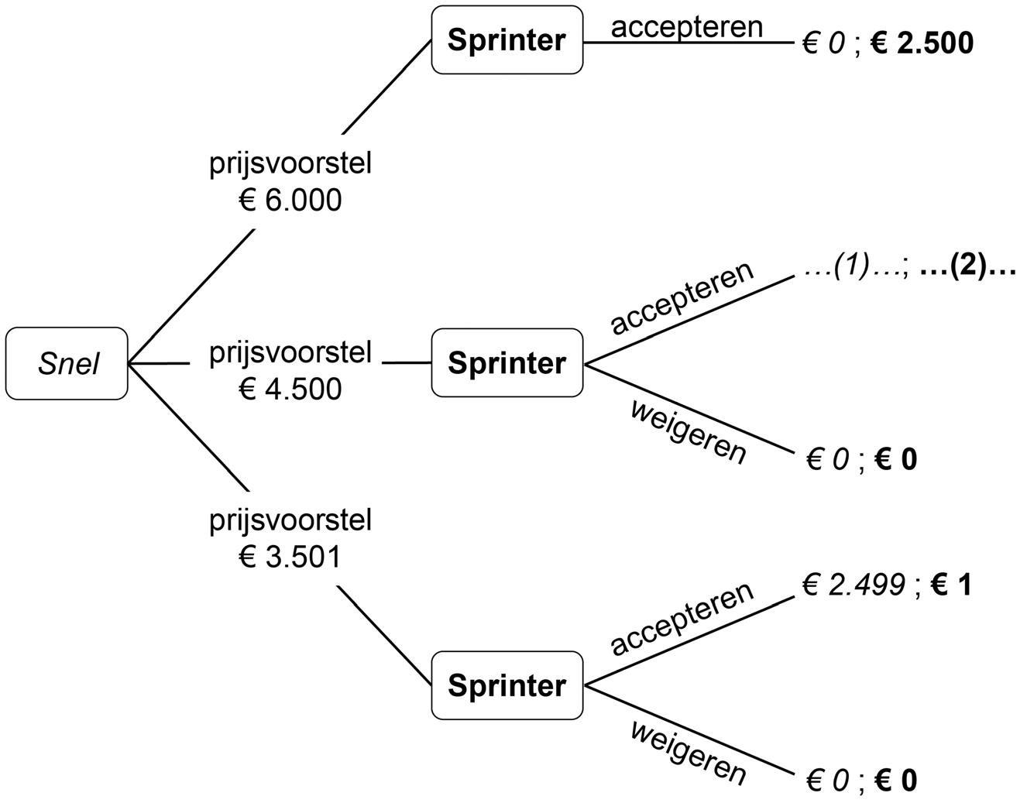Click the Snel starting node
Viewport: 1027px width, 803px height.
[67, 363]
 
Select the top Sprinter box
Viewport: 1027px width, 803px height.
[507, 40]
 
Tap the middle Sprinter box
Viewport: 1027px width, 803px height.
[507, 362]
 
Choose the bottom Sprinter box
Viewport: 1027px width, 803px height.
[507, 685]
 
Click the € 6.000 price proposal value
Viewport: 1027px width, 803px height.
[290, 201]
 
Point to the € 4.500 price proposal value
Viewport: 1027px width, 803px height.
[290, 389]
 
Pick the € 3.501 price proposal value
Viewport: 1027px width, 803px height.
[290, 557]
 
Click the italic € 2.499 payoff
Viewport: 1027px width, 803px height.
[854, 585]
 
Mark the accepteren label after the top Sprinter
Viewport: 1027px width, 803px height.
[687, 27]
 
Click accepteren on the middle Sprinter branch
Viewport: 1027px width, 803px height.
[682, 298]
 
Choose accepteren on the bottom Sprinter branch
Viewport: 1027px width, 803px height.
[682, 619]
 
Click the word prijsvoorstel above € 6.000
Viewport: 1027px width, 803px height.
[290, 164]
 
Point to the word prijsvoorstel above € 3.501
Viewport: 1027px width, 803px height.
[290, 520]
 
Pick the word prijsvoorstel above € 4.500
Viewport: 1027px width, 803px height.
[290, 353]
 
